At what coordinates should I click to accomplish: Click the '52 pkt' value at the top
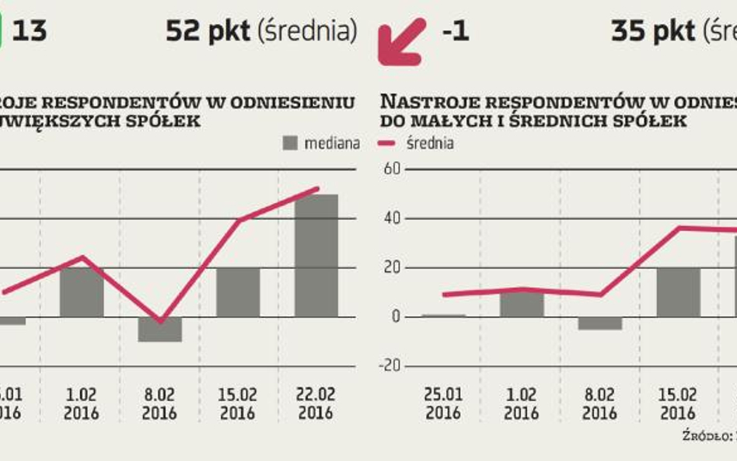pyautogui.click(x=207, y=31)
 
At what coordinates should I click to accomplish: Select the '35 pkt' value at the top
pyautogui.click(x=651, y=31)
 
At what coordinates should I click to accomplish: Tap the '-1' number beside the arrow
pyautogui.click(x=455, y=31)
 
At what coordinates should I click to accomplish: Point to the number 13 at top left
pyautogui.click(x=30, y=31)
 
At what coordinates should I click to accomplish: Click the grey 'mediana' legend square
pyautogui.click(x=290, y=143)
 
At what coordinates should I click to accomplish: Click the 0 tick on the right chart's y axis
pyautogui.click(x=396, y=316)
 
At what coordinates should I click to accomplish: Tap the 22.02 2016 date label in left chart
pyautogui.click(x=316, y=403)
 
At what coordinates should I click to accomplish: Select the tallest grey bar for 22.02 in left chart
pyautogui.click(x=316, y=256)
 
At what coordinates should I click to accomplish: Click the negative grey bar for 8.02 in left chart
pyautogui.click(x=159, y=329)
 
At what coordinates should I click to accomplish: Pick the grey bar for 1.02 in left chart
pyautogui.click(x=82, y=292)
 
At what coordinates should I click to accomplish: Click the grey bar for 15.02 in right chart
pyautogui.click(x=678, y=292)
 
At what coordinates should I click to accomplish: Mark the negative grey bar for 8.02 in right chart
pyautogui.click(x=600, y=323)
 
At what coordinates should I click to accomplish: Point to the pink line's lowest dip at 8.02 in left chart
pyautogui.click(x=159, y=320)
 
